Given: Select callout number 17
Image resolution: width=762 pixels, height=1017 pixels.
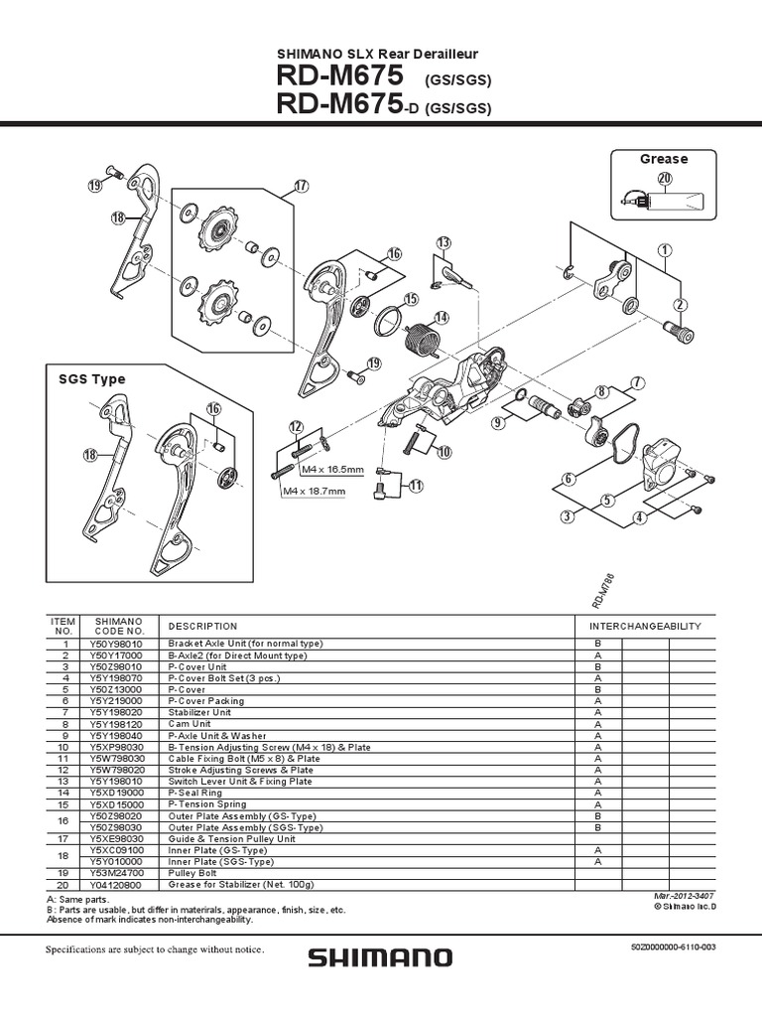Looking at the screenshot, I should pos(302,186).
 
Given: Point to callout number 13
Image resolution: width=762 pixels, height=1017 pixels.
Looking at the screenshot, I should pos(443,243).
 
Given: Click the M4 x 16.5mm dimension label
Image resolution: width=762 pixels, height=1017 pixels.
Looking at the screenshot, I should pos(334,470).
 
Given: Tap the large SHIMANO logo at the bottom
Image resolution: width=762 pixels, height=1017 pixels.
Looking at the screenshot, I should pos(380,958).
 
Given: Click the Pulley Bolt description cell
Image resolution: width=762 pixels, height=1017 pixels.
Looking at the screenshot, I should pos(199,873).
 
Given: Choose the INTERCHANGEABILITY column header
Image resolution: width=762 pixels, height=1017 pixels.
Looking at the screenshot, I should pos(645,627).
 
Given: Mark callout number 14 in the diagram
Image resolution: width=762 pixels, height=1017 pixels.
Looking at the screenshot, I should pos(441,318).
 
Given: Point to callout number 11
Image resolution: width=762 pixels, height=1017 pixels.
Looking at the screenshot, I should pos(416,486).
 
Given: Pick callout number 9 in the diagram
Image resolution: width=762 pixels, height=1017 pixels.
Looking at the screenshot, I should pos(498,422).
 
